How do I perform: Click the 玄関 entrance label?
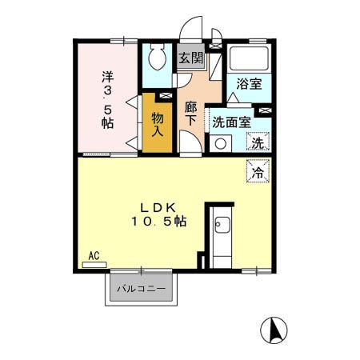click(190, 58)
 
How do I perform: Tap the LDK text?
click(158, 206)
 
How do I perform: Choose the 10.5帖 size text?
click(159, 221)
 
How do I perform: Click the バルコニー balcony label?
click(141, 288)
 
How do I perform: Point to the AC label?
click(94, 255)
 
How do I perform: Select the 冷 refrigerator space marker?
click(258, 171)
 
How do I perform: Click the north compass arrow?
click(274, 330)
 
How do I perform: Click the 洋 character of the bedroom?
click(106, 78)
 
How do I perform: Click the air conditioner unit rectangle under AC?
click(94, 263)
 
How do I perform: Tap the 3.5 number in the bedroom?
click(106, 100)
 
